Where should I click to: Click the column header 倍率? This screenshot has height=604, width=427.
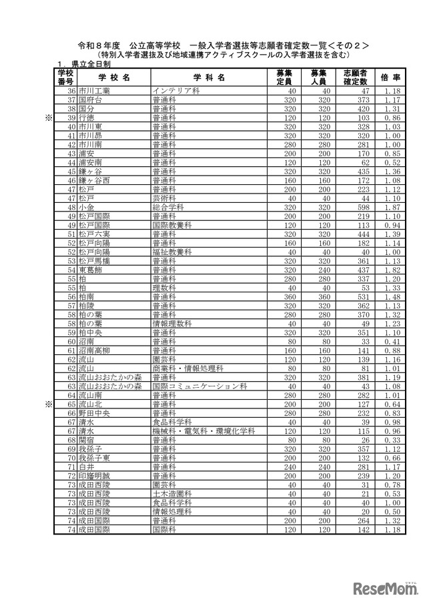click(x=392, y=77)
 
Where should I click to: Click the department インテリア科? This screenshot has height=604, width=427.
click(x=175, y=90)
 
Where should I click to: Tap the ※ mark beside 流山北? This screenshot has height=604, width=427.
click(x=48, y=404)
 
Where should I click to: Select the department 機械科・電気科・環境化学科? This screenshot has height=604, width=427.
click(x=203, y=431)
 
